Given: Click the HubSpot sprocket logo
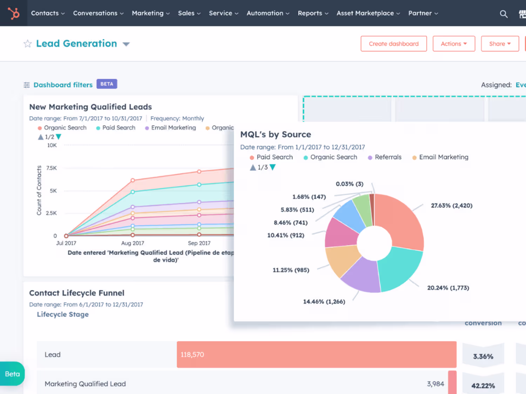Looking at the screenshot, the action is [x=14, y=13].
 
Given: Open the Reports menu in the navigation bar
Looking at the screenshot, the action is [x=313, y=13].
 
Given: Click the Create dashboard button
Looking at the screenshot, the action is [x=393, y=43].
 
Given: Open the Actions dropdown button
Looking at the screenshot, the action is [x=454, y=43].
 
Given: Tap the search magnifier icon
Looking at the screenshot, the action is [x=504, y=14].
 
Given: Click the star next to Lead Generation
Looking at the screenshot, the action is [x=28, y=43].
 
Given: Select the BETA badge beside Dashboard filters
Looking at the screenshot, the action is [x=107, y=84].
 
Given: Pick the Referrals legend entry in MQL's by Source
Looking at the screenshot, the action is [x=385, y=157].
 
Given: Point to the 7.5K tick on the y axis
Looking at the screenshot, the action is [x=52, y=168].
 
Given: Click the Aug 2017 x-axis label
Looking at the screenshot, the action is [x=133, y=243].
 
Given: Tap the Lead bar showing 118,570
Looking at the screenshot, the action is [x=317, y=354].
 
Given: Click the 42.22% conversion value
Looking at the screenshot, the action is [x=483, y=385].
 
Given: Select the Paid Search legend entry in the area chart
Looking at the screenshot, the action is [x=116, y=128].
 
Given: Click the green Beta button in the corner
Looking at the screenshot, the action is [x=12, y=374].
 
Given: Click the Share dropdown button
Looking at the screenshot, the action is [x=500, y=43].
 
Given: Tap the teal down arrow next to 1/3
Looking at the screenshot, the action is [x=272, y=167].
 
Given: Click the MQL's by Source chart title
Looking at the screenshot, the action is [x=276, y=134].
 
